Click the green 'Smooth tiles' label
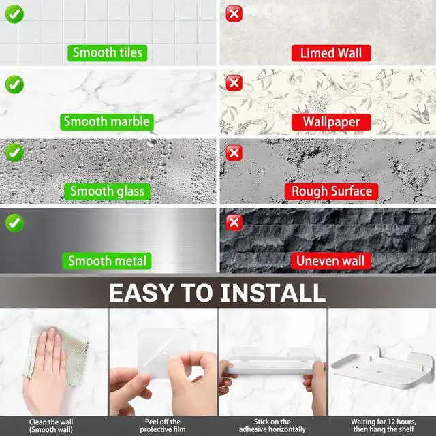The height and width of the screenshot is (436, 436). (108, 53)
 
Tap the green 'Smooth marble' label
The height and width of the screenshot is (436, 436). (107, 122)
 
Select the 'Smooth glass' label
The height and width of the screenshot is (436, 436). (107, 191)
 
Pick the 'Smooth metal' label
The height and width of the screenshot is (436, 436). (107, 261)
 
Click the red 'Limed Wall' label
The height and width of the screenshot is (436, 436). (331, 53)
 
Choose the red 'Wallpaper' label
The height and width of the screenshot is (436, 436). (331, 122)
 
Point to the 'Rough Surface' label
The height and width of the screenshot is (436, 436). (332, 191)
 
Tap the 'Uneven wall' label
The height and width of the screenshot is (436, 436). (331, 261)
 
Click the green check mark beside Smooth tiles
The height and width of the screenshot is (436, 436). (14, 14)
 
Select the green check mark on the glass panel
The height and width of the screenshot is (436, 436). (14, 153)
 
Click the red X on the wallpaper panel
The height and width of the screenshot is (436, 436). (234, 83)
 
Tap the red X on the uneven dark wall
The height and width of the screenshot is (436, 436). (234, 223)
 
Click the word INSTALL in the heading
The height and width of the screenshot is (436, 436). (272, 293)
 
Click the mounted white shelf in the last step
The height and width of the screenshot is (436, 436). (383, 367)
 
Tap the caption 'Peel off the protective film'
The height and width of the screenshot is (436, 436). (163, 425)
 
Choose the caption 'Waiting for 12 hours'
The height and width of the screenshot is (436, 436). (384, 422)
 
